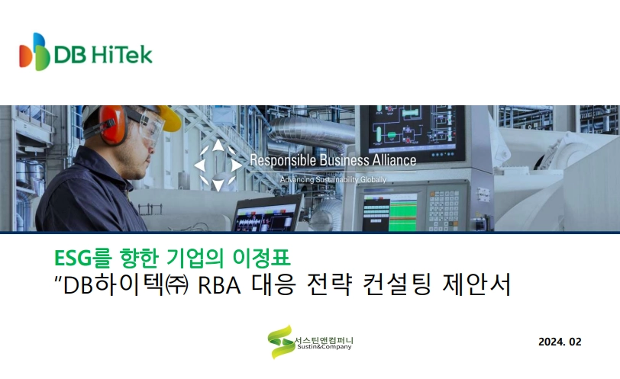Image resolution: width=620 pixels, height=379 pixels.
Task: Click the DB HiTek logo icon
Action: [34, 52]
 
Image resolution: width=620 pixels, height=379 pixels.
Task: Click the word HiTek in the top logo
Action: [122, 54]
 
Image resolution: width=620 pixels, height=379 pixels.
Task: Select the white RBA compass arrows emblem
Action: [218, 165]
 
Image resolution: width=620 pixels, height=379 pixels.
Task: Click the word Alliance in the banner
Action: [394, 160]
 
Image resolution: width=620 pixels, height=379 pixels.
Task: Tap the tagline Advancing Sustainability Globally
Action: [334, 180]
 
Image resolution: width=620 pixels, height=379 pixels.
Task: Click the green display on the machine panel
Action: [403, 211]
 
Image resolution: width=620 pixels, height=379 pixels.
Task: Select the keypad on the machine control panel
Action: [444, 210]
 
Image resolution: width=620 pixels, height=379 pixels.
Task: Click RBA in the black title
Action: [219, 285]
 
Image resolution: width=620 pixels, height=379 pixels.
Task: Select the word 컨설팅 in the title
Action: [396, 284]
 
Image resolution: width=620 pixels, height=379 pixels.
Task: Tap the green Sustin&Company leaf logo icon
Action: [280, 342]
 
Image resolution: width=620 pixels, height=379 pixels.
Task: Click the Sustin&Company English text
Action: [325, 347]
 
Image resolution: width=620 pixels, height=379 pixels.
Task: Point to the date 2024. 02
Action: [560, 342]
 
